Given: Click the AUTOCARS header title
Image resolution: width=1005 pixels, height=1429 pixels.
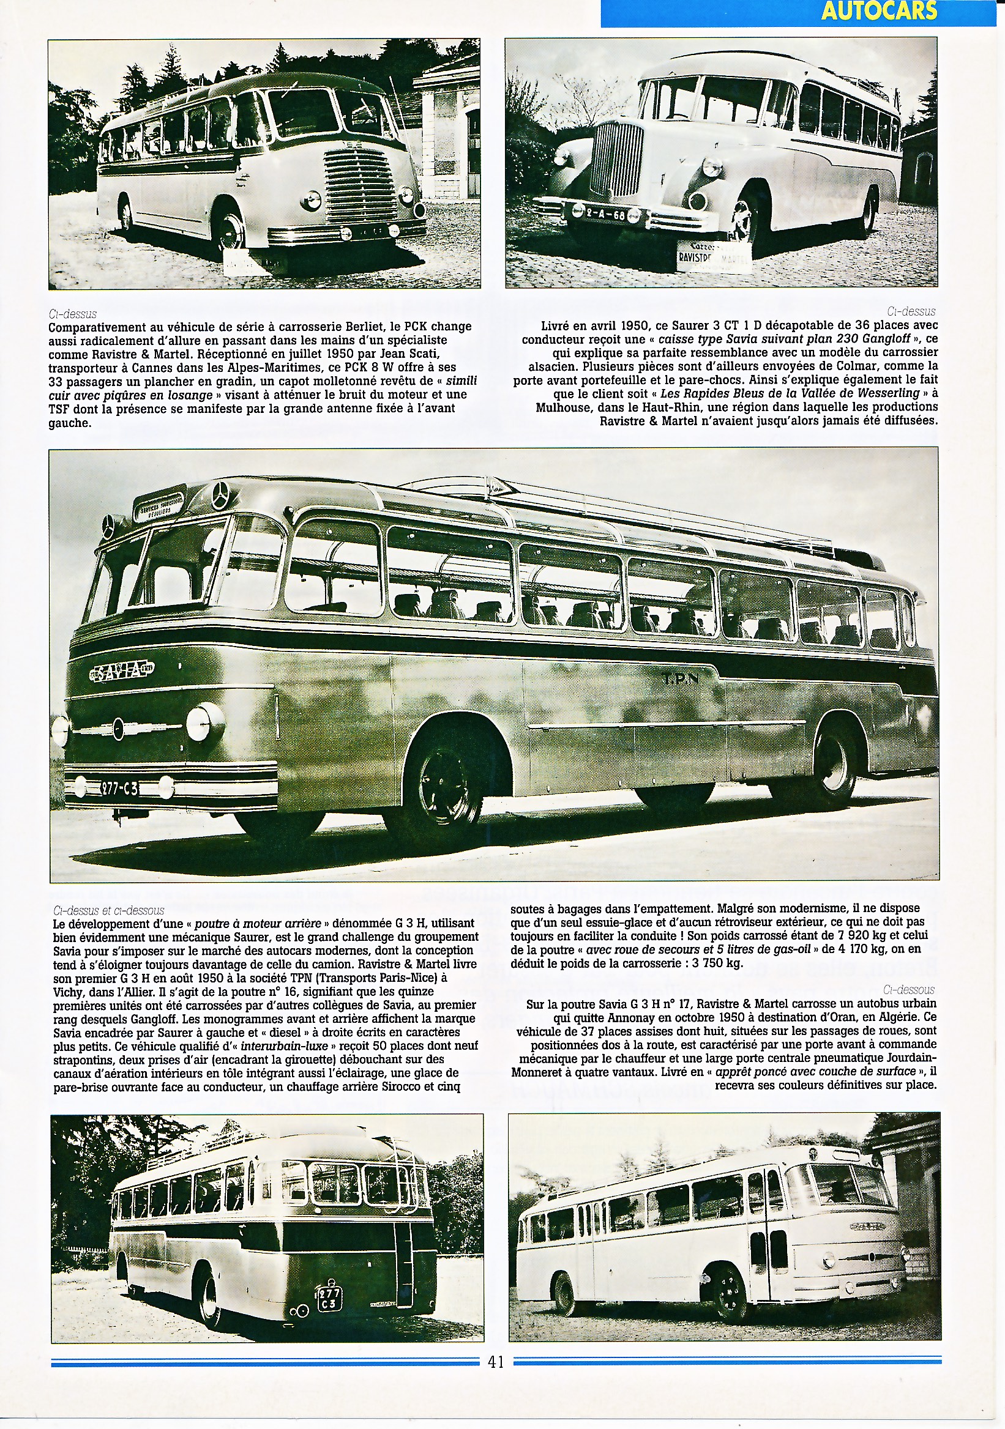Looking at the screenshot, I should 878,11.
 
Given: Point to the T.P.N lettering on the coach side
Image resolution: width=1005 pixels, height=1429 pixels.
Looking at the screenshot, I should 679,678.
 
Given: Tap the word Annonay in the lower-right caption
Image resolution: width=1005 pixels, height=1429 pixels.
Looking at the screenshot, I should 627,1017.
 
